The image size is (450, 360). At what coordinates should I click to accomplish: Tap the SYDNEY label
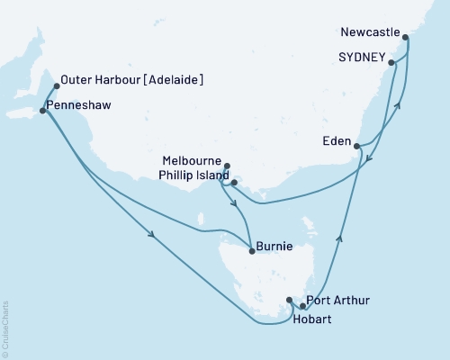pos(363,57)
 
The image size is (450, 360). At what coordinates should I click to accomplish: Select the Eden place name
pos(337,140)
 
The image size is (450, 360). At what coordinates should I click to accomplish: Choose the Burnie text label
pos(274,244)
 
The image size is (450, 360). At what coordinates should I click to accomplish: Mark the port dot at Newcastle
pos(406,39)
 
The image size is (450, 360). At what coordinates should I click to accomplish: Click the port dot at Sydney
pos(393,62)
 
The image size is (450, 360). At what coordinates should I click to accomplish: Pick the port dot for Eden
pos(357,145)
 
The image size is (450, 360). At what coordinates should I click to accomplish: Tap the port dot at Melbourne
pos(227,166)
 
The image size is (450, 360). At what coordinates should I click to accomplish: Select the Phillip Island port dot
pos(233,183)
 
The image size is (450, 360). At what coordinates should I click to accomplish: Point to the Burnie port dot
pos(251,251)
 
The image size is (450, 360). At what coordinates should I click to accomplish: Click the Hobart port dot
pos(289,300)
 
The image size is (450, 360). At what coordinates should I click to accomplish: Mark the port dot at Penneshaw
pos(43,111)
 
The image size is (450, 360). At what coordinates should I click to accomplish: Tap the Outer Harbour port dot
pos(57,86)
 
